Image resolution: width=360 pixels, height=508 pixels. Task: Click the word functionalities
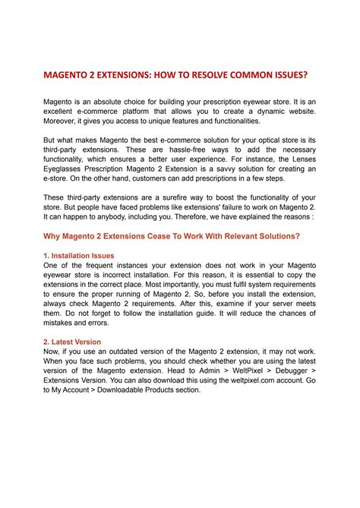[226, 121]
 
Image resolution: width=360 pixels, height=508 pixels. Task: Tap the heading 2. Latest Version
[71, 342]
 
